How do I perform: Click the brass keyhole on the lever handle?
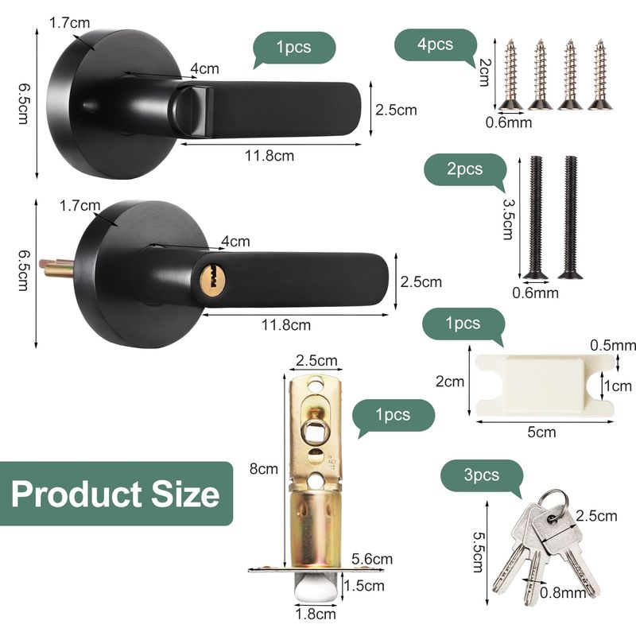(212, 277)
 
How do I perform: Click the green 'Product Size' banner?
(116, 494)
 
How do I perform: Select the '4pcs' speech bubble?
(435, 45)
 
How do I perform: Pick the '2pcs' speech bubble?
(465, 170)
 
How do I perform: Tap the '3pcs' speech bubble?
(482, 475)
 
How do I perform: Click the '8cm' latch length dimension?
(264, 469)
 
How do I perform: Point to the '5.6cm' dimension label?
(372, 559)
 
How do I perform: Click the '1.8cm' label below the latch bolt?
(316, 614)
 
